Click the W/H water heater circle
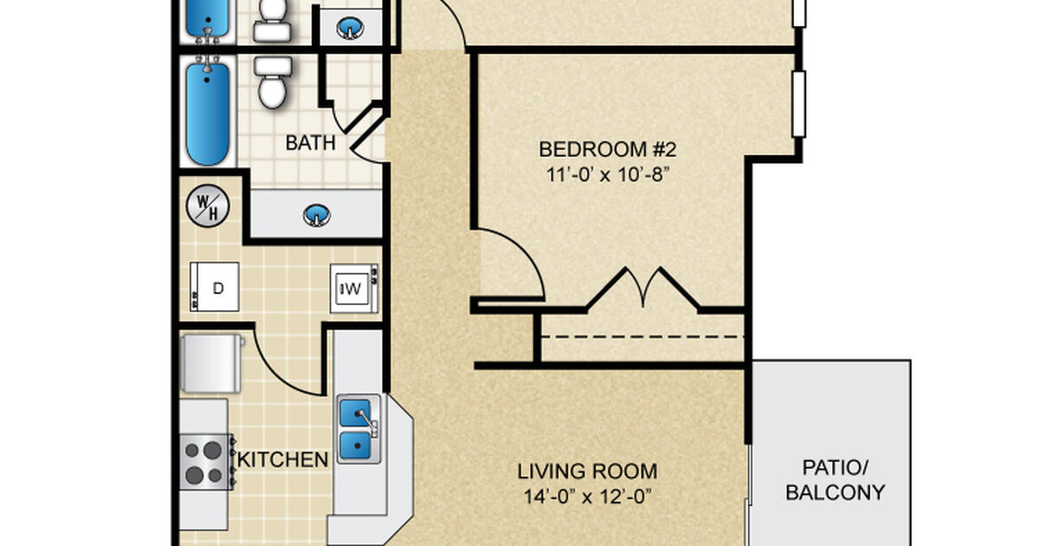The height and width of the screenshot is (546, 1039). (208, 206)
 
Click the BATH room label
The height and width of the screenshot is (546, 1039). (310, 143)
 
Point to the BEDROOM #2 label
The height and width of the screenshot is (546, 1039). (605, 147)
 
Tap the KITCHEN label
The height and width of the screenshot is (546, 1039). (283, 459)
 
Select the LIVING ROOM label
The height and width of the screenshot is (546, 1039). (587, 472)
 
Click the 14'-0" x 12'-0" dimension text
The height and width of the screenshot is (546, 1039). (587, 497)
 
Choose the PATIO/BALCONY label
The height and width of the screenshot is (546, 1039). (835, 481)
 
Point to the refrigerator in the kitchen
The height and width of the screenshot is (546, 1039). (210, 364)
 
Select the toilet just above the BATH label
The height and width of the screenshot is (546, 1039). (272, 83)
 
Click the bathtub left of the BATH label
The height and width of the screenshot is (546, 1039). (208, 113)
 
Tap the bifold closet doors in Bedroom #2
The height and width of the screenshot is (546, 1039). (642, 289)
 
